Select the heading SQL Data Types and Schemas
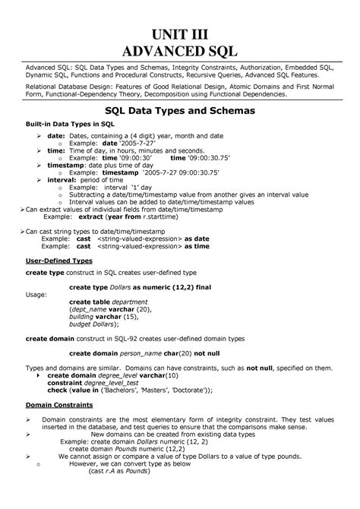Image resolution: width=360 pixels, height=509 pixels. point(180,111)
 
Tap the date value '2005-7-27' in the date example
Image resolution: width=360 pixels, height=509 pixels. point(141,144)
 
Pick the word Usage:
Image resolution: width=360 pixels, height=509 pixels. point(36,292)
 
